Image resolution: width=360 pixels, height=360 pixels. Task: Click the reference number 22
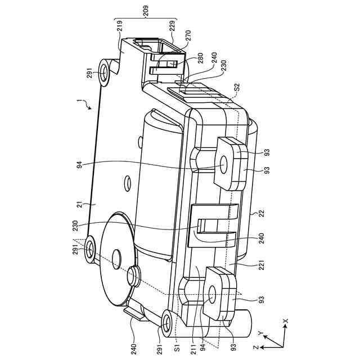pos(260,213)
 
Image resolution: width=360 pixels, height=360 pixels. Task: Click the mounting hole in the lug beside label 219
pos(105,71)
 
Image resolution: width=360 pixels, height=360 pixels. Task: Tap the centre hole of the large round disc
pos(116,256)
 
